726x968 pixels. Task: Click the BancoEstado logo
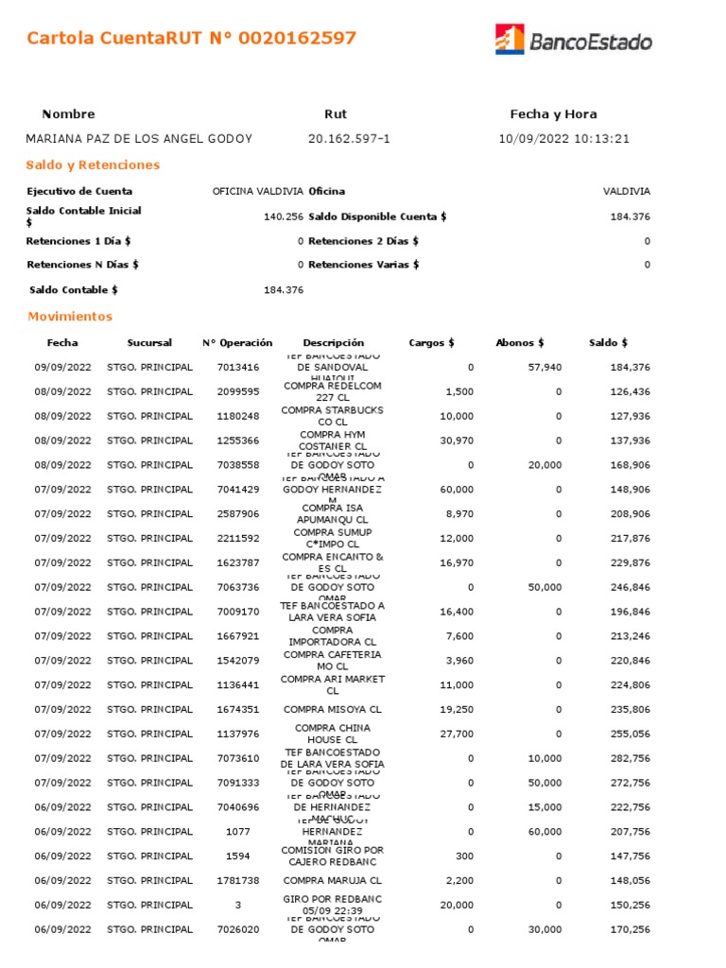coord(573,40)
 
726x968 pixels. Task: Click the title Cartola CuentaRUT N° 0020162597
coord(192,39)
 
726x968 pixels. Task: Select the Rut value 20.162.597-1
coord(349,139)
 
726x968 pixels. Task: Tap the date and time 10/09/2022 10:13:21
coord(563,139)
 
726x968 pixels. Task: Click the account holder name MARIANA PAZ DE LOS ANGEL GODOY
coord(139,139)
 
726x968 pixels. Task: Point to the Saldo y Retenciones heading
coord(93,165)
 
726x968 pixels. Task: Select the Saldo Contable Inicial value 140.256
coord(283,216)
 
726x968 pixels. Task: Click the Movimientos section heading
coord(70,317)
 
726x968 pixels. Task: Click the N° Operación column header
coord(237,342)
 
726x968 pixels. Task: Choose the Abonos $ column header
coord(519,342)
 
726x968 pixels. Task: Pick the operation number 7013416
coord(237,367)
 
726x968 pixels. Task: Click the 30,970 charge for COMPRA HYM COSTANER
coord(457,441)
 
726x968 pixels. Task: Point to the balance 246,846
coord(631,587)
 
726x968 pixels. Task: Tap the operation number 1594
coord(237,856)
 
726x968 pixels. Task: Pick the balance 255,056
coord(631,734)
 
